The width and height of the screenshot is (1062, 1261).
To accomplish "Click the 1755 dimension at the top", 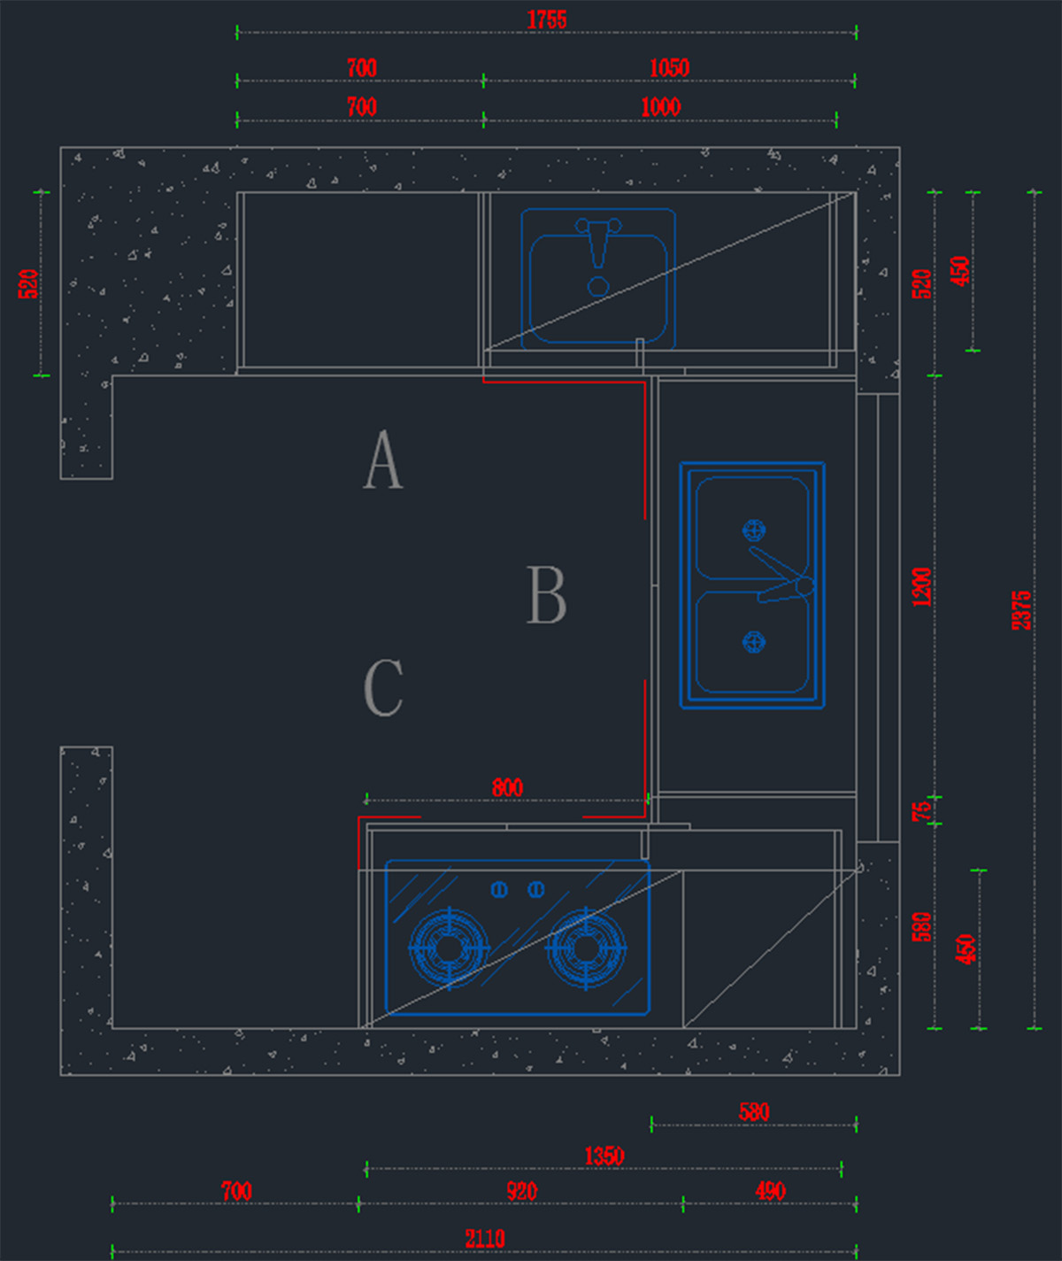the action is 546,19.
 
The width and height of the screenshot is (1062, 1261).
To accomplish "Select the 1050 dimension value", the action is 669,68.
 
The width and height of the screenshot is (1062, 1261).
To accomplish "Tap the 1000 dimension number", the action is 660,107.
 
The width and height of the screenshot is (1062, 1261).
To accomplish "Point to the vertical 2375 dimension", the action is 1021,610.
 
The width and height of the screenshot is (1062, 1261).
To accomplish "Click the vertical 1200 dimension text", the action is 922,587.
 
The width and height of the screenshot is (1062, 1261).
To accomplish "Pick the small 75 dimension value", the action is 922,809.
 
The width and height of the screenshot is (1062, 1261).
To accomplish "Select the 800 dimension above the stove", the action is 507,787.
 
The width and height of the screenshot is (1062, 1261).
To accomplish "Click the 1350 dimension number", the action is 604,1156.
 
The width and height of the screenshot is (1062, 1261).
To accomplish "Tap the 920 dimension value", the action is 521,1192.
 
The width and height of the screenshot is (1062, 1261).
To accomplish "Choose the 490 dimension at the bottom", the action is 770,1192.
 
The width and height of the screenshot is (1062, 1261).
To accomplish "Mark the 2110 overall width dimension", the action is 485,1238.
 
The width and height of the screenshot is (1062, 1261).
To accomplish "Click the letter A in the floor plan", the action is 383,460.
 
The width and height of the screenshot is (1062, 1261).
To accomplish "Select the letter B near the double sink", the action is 546,595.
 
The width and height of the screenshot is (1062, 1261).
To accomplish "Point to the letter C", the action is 383,687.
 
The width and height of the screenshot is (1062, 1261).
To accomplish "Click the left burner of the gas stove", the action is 449,948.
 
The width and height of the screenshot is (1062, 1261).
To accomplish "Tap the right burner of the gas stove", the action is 586,948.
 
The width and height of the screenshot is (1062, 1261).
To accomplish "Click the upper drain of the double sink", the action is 753,530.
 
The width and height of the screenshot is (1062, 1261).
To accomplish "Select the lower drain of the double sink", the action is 753,641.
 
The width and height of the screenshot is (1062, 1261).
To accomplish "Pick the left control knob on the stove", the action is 499,889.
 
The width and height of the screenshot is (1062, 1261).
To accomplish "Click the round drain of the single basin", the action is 598,286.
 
